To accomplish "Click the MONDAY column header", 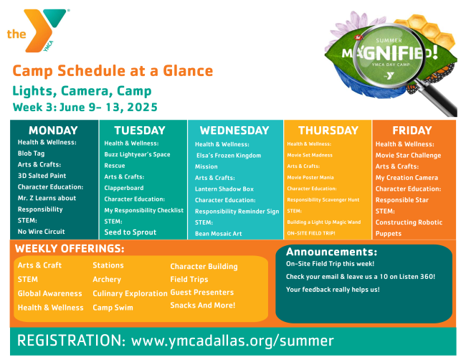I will [52, 131].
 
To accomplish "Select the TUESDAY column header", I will [140, 131].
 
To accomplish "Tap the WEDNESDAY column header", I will [234, 131].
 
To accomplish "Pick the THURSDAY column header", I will [328, 131].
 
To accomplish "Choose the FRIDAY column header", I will [414, 131].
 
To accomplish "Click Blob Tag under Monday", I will [32, 153].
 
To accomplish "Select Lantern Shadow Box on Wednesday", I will [224, 189].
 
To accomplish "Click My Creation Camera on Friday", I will [406, 178].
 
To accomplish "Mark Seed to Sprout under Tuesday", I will [131, 232].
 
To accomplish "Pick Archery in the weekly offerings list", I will [108, 279].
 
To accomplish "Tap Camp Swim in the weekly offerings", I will [113, 308].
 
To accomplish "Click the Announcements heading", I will [331, 252].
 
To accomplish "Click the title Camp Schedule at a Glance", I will [113, 71].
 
